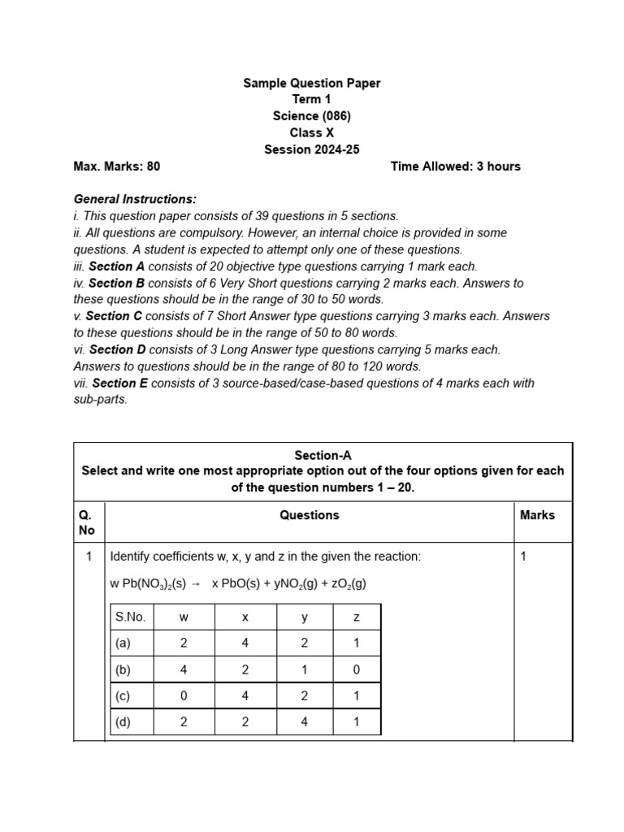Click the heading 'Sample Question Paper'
pos(312,83)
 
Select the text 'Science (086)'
pos(312,116)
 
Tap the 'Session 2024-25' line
pos(312,149)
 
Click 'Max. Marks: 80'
pos(117,167)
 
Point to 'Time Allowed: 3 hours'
pos(455,167)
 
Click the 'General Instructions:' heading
pos(135,199)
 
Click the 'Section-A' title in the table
pos(323,456)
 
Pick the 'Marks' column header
pos(537,515)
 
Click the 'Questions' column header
pos(310,515)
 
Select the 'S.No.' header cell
pos(130,617)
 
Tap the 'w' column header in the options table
pos(184,617)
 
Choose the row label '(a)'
pos(123,643)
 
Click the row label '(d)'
pos(123,721)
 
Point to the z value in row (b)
pos(356,670)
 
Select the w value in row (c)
pos(184,696)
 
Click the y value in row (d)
pos(304,721)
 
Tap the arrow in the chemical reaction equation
pos(195,584)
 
